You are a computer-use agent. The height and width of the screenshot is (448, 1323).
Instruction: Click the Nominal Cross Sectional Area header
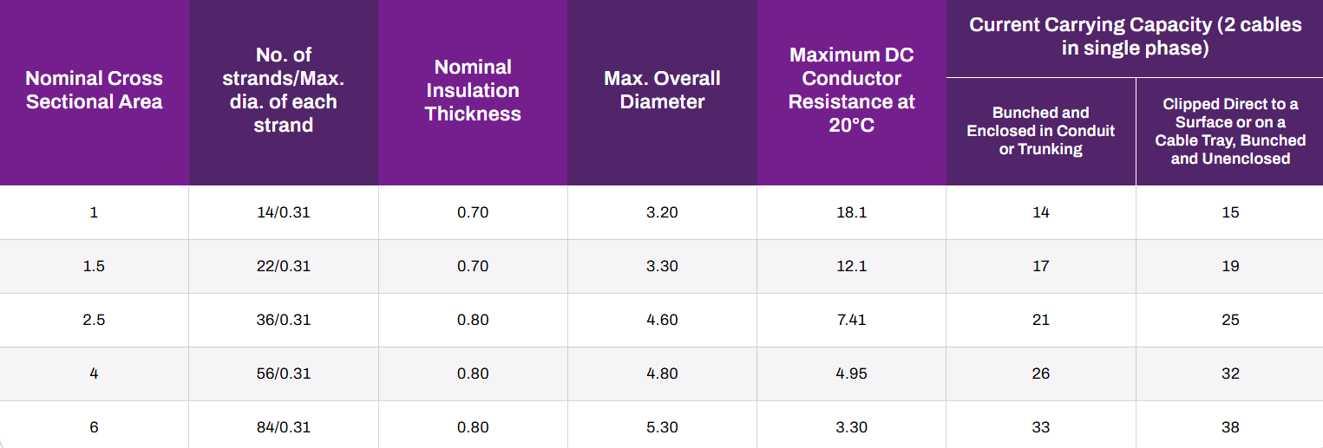tap(94, 90)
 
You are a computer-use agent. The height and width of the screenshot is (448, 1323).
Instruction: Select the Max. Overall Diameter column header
tap(662, 90)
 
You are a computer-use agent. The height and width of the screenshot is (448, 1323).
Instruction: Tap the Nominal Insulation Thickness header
tap(473, 90)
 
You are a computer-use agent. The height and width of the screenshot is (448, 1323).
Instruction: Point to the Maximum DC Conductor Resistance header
tap(851, 90)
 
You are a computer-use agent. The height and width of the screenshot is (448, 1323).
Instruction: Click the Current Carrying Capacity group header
tap(1136, 36)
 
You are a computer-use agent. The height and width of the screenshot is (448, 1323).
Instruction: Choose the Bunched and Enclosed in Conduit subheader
tap(1041, 131)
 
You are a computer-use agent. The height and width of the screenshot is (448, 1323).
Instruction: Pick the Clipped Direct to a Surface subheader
tap(1230, 131)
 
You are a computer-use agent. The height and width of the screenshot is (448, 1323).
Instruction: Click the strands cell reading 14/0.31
tap(284, 212)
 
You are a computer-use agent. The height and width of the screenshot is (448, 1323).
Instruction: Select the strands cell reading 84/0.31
tap(284, 427)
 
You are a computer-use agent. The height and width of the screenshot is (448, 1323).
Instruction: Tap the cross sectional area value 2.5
tap(94, 320)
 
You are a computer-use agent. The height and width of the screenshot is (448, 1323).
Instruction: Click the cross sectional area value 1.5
tap(94, 266)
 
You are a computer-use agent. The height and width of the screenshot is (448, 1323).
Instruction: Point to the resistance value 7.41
tap(851, 320)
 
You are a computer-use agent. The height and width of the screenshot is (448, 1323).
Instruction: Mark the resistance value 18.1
tap(851, 212)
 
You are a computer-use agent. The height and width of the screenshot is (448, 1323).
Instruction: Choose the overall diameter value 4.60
tap(662, 320)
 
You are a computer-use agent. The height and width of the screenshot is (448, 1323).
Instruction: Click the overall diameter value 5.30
tap(662, 427)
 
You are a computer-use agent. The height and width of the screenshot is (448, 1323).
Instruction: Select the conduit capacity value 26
tap(1041, 373)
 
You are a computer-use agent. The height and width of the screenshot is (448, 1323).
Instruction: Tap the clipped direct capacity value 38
tap(1230, 427)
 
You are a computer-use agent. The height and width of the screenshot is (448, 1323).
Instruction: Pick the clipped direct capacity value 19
tap(1230, 266)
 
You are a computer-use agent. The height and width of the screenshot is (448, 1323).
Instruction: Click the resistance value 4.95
tap(851, 373)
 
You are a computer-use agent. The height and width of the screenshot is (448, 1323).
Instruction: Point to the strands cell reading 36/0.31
tap(284, 320)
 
